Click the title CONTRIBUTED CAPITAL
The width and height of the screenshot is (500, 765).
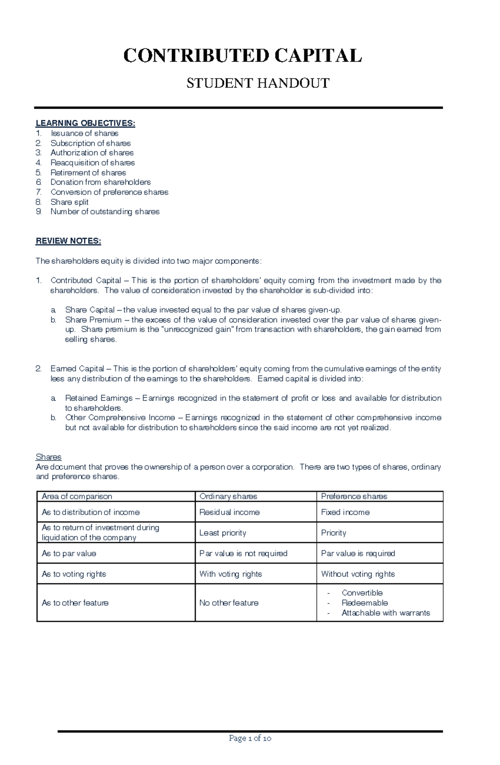(x=242, y=56)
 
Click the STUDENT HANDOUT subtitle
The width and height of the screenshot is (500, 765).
(x=257, y=83)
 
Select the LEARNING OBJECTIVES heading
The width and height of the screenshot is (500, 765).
(x=85, y=123)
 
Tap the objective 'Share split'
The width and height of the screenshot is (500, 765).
(x=69, y=202)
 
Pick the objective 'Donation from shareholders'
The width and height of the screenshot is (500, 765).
(x=100, y=182)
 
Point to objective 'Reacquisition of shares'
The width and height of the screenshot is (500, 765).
(x=92, y=163)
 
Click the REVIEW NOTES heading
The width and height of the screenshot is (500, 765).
(x=68, y=241)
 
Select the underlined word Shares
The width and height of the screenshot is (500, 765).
(x=48, y=457)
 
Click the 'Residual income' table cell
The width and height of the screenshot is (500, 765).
(x=229, y=512)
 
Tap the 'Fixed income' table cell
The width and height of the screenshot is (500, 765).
(x=345, y=512)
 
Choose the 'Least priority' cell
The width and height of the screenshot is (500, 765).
(x=222, y=533)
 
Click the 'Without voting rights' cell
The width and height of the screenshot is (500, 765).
(x=357, y=574)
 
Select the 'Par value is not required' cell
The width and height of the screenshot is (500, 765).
(x=243, y=553)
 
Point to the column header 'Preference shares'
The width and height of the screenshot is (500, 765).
(x=354, y=497)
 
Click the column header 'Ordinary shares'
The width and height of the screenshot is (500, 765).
(x=228, y=497)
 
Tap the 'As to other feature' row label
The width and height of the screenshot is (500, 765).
(x=75, y=603)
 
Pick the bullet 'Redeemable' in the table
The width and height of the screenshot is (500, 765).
(x=365, y=603)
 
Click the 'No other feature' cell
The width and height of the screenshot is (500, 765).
(x=229, y=603)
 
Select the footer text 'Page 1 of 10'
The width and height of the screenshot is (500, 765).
(x=250, y=738)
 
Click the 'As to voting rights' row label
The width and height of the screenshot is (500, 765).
(x=74, y=574)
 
